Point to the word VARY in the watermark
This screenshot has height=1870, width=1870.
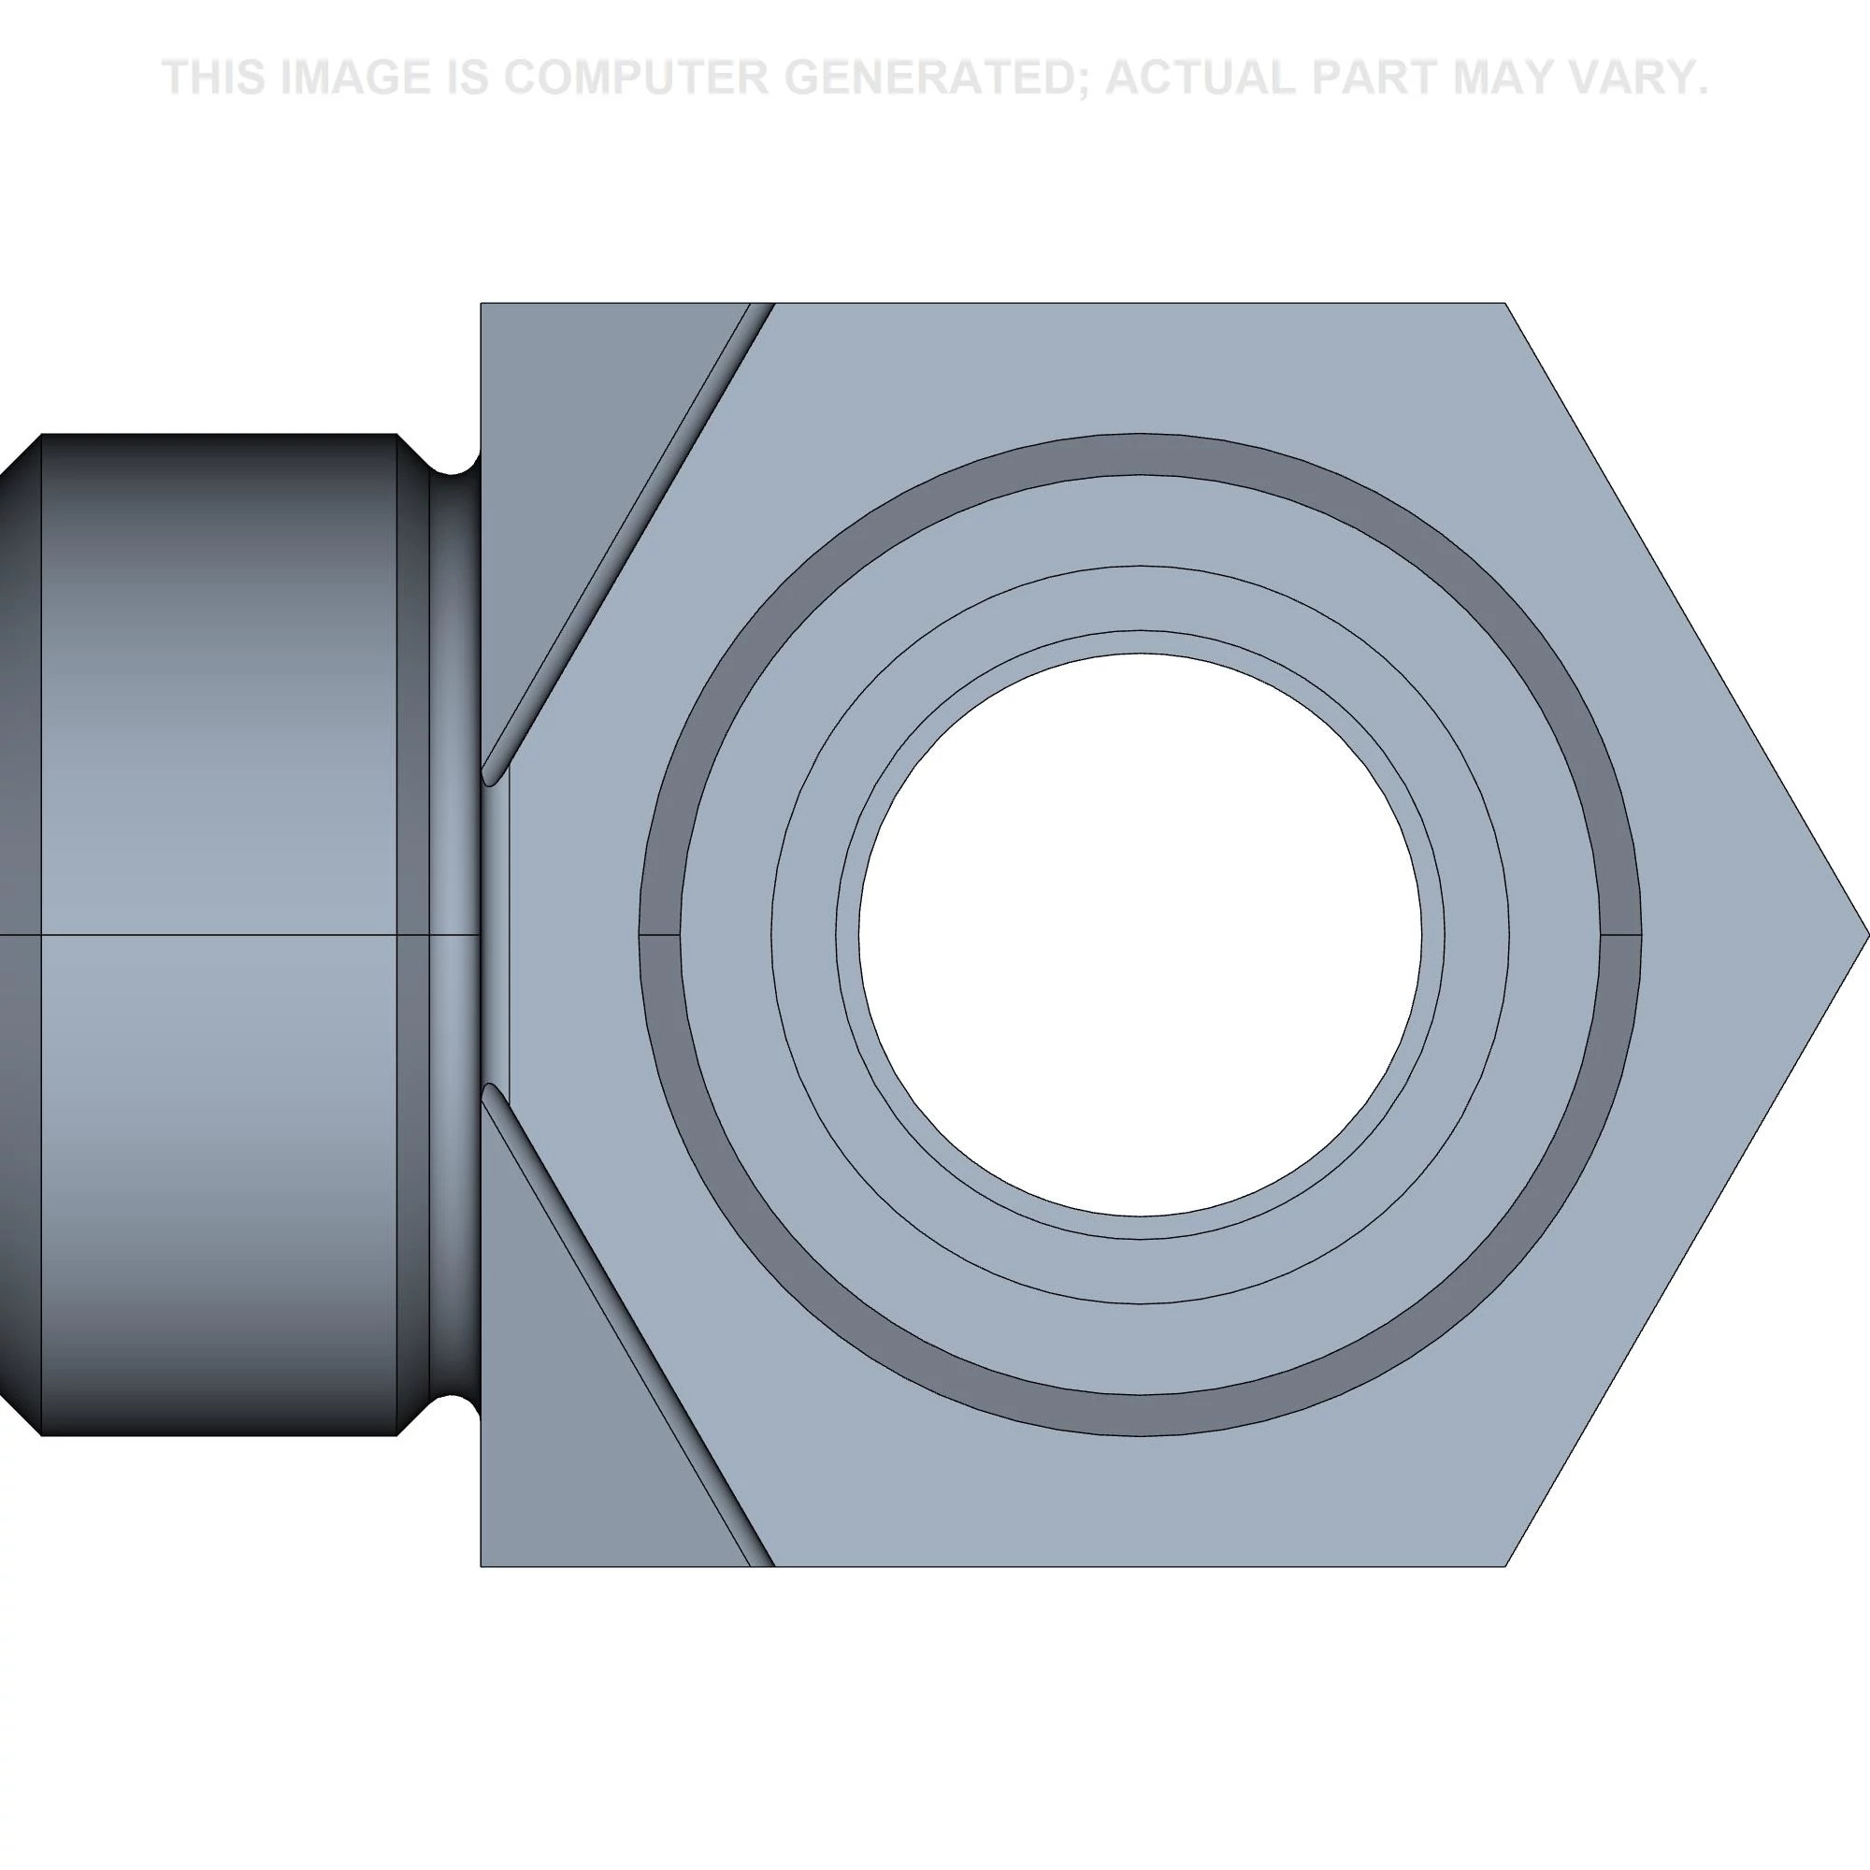coord(1632,78)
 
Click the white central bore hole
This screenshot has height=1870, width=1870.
coord(1140,935)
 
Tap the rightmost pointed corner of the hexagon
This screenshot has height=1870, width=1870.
coord(1868,935)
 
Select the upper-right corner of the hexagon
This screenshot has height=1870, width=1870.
coord(1505,304)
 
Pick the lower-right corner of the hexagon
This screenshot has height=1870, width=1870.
coord(1505,1566)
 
